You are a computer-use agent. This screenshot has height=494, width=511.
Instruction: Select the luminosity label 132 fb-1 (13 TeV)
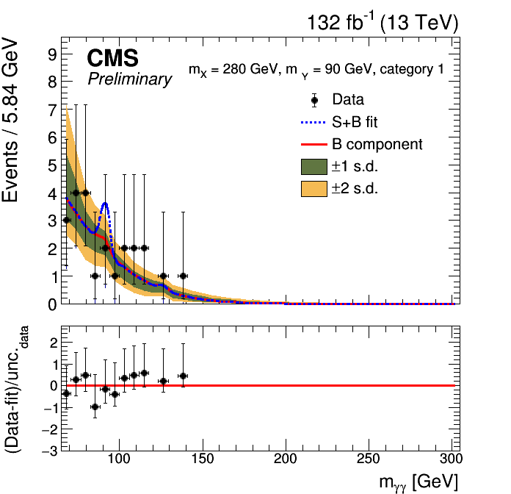[x=383, y=23]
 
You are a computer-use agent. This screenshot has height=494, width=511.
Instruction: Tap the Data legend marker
[x=314, y=100]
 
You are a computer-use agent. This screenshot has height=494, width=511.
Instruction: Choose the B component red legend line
[x=314, y=144]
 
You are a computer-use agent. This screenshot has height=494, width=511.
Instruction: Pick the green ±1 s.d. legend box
[x=314, y=166]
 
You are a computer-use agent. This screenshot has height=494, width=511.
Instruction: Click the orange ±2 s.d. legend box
[x=314, y=188]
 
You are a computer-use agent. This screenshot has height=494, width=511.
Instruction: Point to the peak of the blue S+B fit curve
[x=105, y=203]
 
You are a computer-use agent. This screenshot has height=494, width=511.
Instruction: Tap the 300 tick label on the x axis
[x=452, y=462]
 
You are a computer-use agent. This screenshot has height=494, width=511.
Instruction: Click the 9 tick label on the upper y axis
[x=53, y=54]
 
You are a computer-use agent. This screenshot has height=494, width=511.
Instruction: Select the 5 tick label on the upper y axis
[x=53, y=165]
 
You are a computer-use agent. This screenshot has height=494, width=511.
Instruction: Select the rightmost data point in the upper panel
[x=183, y=276]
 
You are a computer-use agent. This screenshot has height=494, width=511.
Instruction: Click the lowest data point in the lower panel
[x=95, y=407]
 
